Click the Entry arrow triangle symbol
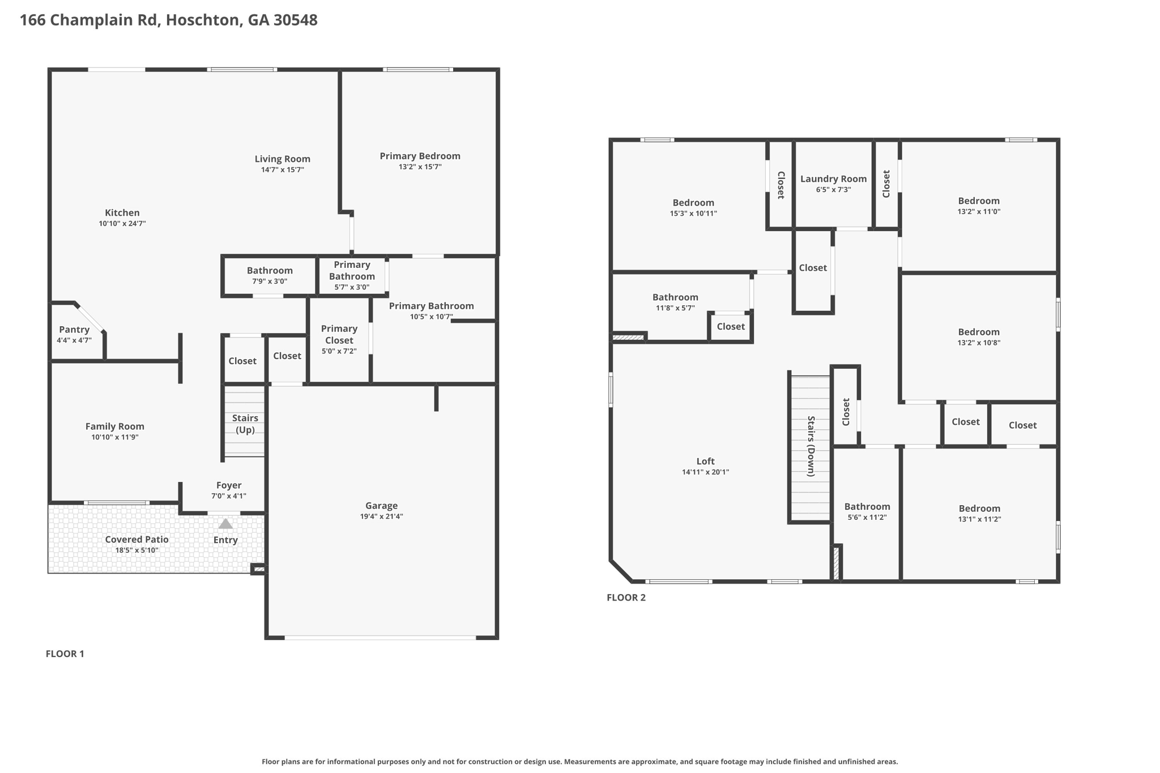click(x=225, y=524)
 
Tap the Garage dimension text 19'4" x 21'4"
click(x=381, y=516)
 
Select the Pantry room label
click(x=74, y=330)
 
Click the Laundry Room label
click(x=833, y=179)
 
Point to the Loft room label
click(x=705, y=461)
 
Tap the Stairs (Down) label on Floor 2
click(x=811, y=446)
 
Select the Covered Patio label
click(x=137, y=539)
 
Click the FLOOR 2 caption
click(x=626, y=597)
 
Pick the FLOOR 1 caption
click(x=65, y=654)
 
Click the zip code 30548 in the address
click(x=295, y=20)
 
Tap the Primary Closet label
click(x=339, y=334)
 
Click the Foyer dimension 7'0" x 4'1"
click(x=229, y=496)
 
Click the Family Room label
click(x=114, y=426)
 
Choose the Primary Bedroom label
click(x=420, y=156)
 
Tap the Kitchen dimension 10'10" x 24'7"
click(x=122, y=224)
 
